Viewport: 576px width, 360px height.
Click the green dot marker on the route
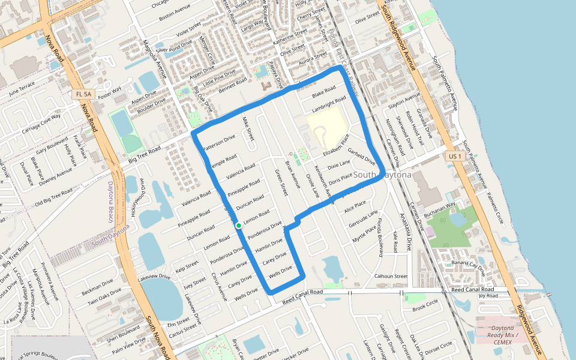[x=239, y=226]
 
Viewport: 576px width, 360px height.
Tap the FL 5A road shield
[x=84, y=94]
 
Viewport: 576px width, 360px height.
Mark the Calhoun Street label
[x=391, y=276]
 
